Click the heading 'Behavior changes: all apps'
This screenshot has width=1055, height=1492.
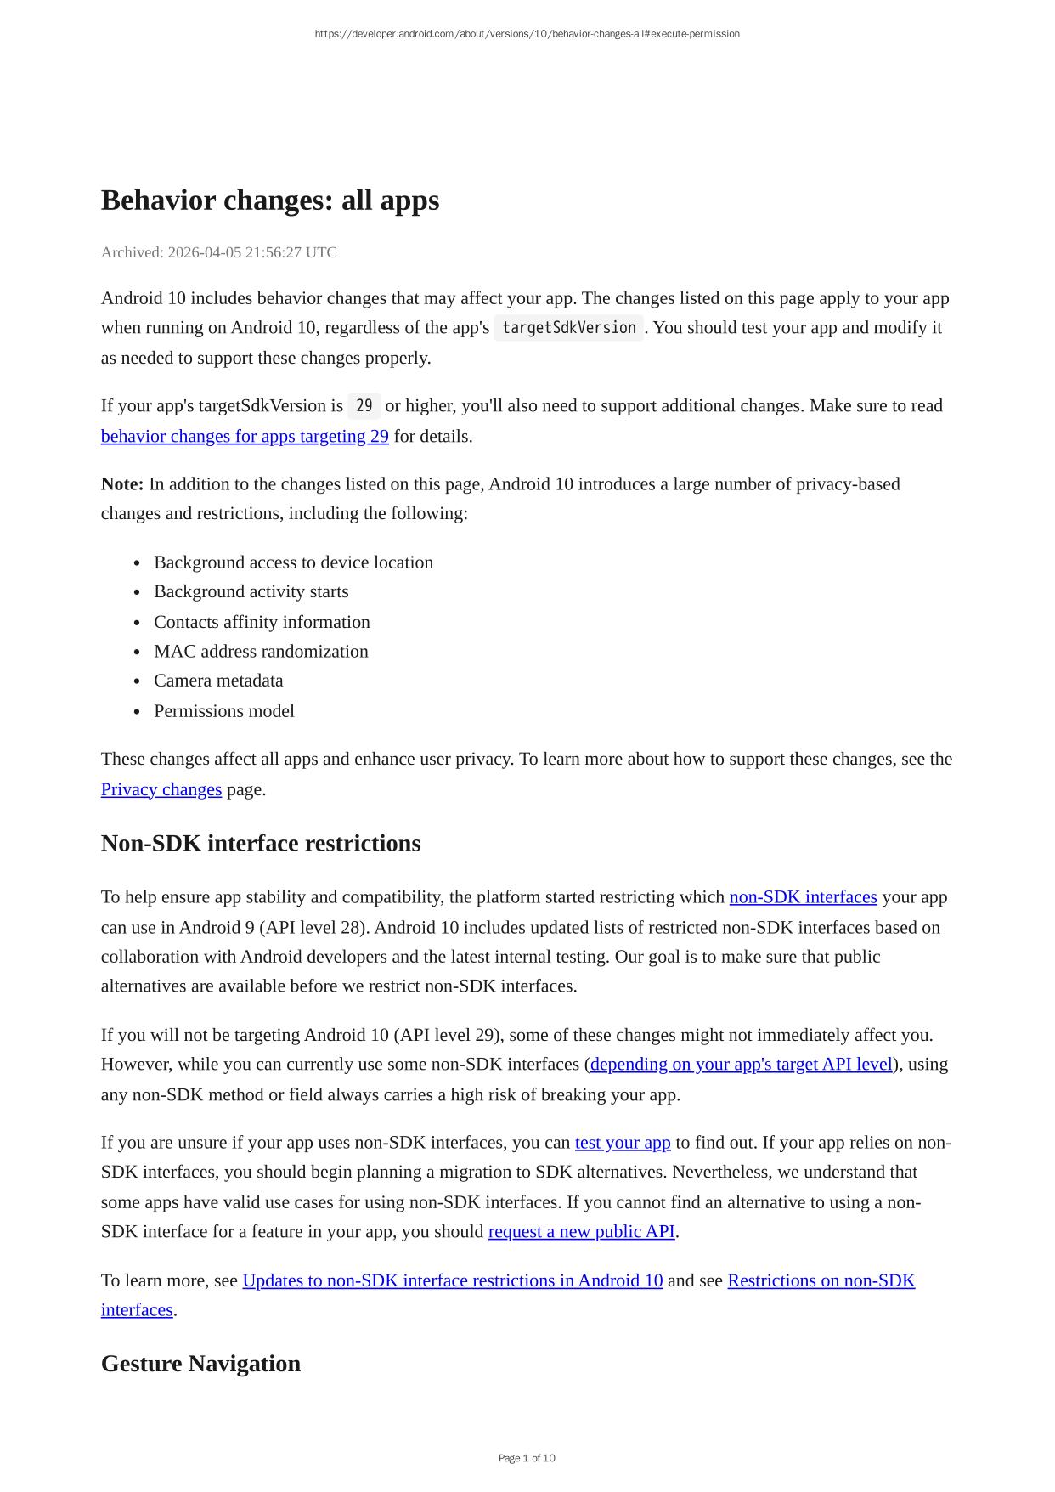point(270,201)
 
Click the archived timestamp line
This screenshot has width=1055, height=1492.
point(219,252)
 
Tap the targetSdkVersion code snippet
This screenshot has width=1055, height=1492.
point(568,328)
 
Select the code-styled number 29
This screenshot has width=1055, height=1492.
point(364,406)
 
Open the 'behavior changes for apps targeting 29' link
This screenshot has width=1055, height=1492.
point(245,437)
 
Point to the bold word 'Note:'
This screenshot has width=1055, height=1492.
point(122,484)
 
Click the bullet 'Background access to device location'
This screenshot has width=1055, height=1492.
point(293,562)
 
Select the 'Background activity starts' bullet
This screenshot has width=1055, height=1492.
point(251,591)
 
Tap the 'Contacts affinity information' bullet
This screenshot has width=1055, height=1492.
point(262,622)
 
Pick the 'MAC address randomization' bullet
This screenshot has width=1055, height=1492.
point(261,652)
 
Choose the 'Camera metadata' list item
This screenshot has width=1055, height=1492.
point(218,681)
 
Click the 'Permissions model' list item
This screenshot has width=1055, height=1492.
point(224,711)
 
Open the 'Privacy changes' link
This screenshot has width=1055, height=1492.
point(161,789)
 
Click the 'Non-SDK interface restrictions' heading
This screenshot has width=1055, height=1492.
point(261,844)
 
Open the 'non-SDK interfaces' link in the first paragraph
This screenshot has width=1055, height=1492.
point(803,897)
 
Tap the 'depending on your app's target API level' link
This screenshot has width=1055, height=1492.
point(742,1065)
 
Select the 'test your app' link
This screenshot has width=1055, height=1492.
point(623,1143)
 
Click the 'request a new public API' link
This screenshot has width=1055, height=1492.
point(581,1232)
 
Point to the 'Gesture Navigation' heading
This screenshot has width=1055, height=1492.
point(200,1364)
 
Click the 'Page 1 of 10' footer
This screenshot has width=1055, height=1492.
point(527,1458)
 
